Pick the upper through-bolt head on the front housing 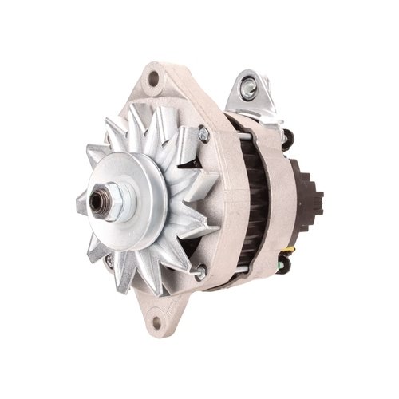(x=202, y=133)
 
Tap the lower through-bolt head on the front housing (x=199, y=271)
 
